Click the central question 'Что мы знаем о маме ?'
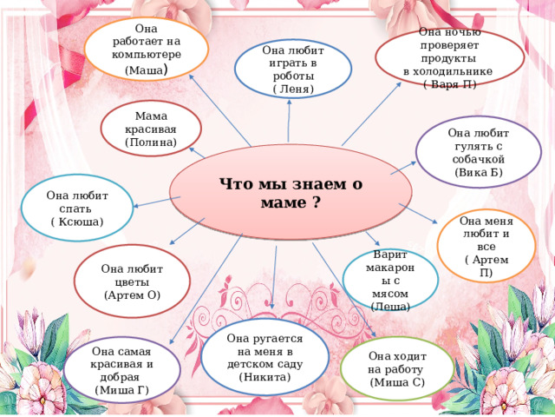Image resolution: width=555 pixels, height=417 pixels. click(x=291, y=193)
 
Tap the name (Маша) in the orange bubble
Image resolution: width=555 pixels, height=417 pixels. click(x=147, y=69)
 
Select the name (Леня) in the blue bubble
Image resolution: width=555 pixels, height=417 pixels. click(x=293, y=89)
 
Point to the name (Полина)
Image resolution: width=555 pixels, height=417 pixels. click(x=151, y=142)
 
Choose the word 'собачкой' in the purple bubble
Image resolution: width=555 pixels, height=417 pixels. click(x=478, y=159)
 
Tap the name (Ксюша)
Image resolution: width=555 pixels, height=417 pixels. click(x=77, y=222)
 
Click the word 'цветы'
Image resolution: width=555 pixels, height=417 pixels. click(x=132, y=282)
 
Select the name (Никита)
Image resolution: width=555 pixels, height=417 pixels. click(x=264, y=377)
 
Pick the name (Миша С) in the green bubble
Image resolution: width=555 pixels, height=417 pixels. click(x=397, y=382)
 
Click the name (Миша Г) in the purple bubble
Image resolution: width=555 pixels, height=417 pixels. click(x=121, y=390)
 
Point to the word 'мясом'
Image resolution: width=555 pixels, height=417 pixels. click(x=390, y=294)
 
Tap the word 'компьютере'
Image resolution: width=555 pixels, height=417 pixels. click(x=147, y=55)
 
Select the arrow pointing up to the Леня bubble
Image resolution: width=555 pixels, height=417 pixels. click(x=289, y=121)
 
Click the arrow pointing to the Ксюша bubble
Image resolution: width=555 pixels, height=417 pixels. click(x=157, y=202)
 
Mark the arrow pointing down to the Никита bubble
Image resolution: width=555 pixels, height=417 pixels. click(x=274, y=277)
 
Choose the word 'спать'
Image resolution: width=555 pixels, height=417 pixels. click(x=75, y=208)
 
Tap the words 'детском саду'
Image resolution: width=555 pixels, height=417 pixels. click(x=264, y=364)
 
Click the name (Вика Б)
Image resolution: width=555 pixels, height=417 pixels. click(x=479, y=173)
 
